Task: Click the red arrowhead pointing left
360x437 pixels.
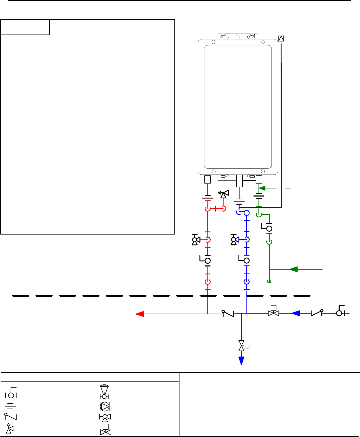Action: [x=140, y=314]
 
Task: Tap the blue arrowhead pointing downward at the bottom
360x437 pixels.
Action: [x=242, y=360]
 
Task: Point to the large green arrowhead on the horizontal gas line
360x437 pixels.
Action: [x=293, y=269]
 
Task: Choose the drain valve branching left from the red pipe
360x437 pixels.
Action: [x=196, y=240]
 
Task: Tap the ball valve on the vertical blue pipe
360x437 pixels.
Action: [x=246, y=261]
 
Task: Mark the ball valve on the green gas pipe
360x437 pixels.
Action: [x=269, y=228]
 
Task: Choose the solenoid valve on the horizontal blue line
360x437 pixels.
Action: [x=273, y=312]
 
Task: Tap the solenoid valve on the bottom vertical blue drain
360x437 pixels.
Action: [x=242, y=346]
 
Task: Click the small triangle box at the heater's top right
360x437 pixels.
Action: [x=281, y=39]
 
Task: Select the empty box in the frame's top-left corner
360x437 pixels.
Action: [x=25, y=27]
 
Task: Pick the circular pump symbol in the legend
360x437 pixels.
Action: [x=105, y=406]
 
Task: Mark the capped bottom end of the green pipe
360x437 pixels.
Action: [x=269, y=281]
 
